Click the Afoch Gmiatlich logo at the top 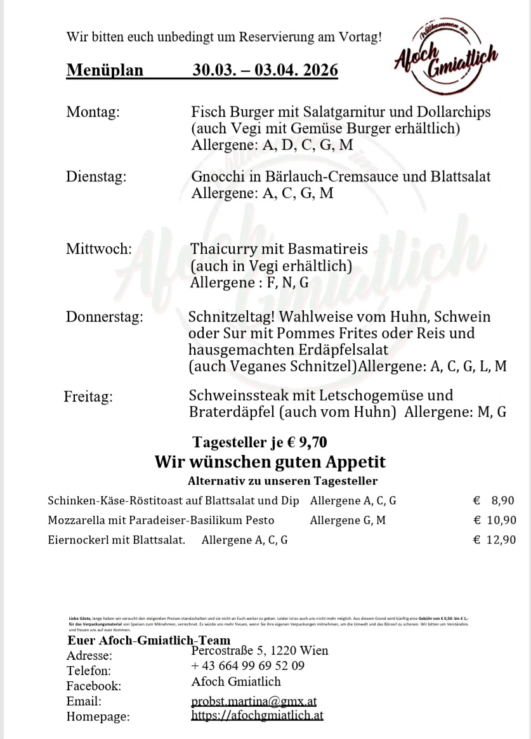coord(445,60)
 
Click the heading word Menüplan coord(105,70)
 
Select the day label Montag coord(93,112)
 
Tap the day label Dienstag coord(96,176)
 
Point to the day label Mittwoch coord(98,249)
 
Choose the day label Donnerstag coord(104,317)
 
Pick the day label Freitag coord(88,397)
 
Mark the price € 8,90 coord(494,500)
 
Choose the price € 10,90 coord(495,520)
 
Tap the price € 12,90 coord(495,540)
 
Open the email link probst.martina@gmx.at coord(254,701)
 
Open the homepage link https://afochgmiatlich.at coord(258,716)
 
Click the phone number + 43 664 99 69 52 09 coord(247,665)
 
